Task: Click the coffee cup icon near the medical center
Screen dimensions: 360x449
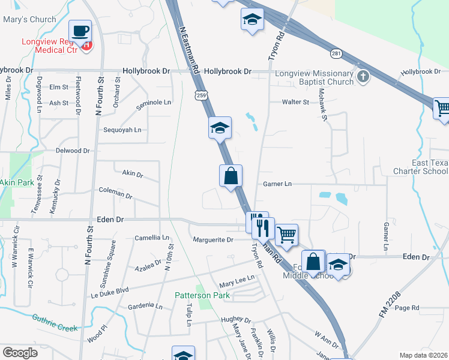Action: tap(80, 31)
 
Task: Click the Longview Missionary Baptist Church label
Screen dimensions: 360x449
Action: tap(314, 77)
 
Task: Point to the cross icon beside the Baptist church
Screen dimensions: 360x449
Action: tap(363, 76)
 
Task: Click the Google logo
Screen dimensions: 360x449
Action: tap(20, 353)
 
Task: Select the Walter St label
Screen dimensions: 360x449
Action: tap(296, 102)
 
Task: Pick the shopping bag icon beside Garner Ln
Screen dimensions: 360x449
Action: tap(231, 176)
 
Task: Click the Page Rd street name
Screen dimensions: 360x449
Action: tap(406, 308)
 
